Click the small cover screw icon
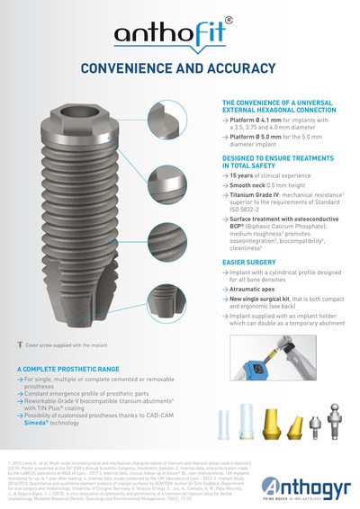pos(18,344)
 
